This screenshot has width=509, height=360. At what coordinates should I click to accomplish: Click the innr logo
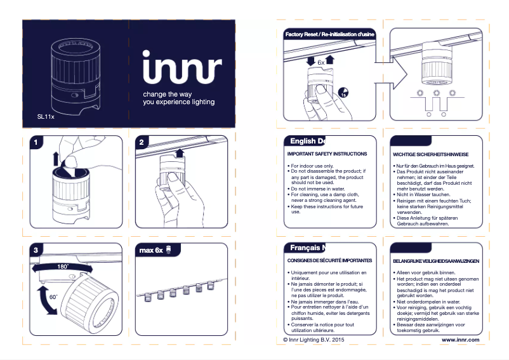(x=182, y=68)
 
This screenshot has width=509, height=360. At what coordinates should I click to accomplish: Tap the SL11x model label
(x=46, y=117)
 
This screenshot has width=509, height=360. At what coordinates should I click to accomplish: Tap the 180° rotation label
(x=62, y=267)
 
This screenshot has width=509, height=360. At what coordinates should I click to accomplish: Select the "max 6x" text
(x=151, y=250)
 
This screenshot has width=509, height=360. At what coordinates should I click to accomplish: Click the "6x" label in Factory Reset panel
(x=321, y=63)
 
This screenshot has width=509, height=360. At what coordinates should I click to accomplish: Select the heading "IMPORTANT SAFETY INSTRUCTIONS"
(x=327, y=154)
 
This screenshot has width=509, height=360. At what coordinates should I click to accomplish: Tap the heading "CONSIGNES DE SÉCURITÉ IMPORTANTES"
(x=329, y=261)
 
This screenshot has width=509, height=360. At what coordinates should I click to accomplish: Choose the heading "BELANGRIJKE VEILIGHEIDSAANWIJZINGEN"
(x=435, y=262)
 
